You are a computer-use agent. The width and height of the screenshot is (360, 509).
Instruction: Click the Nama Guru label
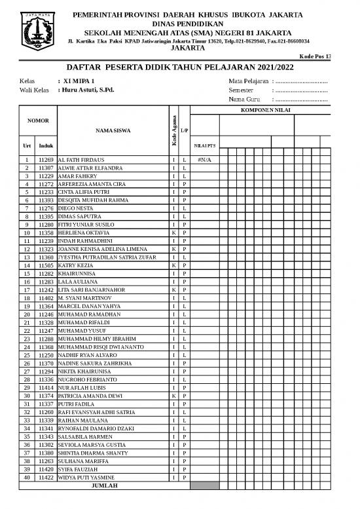(245, 100)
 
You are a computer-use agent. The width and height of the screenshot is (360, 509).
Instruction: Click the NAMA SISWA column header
(113, 130)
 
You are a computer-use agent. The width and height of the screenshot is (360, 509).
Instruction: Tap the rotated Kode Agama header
(173, 130)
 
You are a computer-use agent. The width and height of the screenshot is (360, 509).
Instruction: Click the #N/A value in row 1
(204, 160)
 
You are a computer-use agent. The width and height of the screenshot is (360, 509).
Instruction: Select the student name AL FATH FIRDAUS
(82, 160)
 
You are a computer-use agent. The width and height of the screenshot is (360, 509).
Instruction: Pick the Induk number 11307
(46, 168)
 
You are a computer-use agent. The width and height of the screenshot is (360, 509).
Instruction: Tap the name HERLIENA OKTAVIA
(83, 233)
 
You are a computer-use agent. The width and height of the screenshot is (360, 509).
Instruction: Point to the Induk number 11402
(46, 297)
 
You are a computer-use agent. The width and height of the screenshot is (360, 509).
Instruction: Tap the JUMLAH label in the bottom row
(104, 485)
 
